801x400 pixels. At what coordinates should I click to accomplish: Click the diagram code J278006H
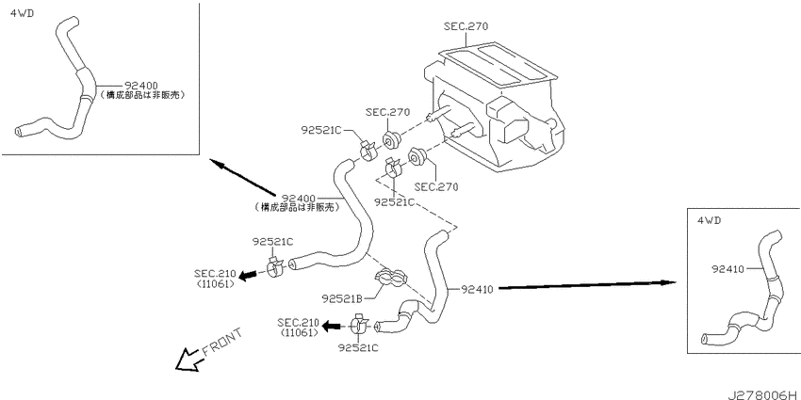click(763, 394)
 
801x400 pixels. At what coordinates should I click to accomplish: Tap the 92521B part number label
click(342, 297)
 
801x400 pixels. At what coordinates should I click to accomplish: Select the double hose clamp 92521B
click(391, 276)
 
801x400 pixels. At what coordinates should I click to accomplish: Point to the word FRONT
click(222, 341)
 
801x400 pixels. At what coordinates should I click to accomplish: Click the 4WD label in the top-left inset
click(22, 13)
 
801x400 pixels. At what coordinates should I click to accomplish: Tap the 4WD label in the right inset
click(709, 220)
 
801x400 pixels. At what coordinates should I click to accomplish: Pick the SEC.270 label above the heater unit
click(466, 26)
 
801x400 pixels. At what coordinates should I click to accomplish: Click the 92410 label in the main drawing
click(477, 290)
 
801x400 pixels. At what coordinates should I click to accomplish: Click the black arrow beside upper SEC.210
click(248, 276)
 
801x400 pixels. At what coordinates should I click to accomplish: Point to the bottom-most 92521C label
click(358, 347)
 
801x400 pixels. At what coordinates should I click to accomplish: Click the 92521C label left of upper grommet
click(320, 130)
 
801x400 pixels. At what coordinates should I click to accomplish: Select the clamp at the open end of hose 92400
click(276, 265)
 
